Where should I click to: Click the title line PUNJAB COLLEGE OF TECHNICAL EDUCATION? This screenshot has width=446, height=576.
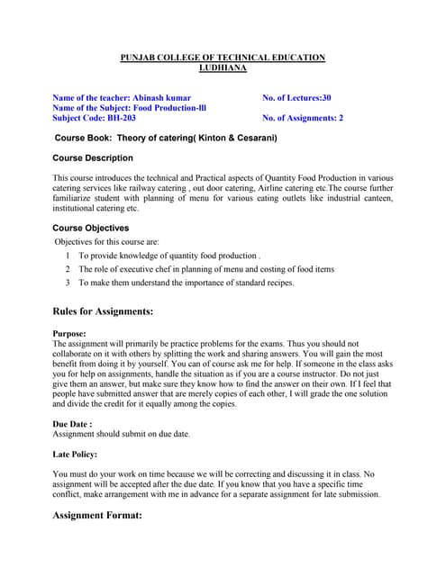(x=223, y=58)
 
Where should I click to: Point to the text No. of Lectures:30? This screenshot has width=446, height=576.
(x=296, y=96)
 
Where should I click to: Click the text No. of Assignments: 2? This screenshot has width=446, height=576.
(x=302, y=117)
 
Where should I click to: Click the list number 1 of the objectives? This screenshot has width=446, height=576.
(x=68, y=256)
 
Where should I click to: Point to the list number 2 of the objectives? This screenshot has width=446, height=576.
(x=68, y=269)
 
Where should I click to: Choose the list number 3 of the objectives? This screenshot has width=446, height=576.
(x=68, y=283)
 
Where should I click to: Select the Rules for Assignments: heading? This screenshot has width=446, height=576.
(x=103, y=312)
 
